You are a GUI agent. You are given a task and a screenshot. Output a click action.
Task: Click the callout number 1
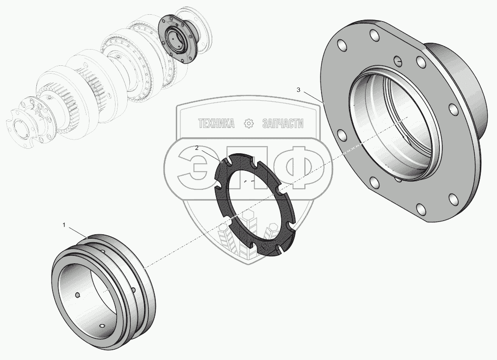(x=64, y=225)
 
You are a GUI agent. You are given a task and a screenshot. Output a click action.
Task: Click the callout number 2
(x=197, y=148)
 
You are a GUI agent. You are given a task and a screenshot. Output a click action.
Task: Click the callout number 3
(x=298, y=90)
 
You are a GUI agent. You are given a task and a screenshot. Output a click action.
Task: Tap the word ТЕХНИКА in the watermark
(x=216, y=123)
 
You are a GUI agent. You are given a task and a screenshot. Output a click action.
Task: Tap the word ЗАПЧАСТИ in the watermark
(x=283, y=123)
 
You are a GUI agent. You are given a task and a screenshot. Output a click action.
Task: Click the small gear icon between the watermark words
(x=249, y=123)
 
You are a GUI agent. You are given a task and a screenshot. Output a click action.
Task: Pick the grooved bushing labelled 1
(x=104, y=291)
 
